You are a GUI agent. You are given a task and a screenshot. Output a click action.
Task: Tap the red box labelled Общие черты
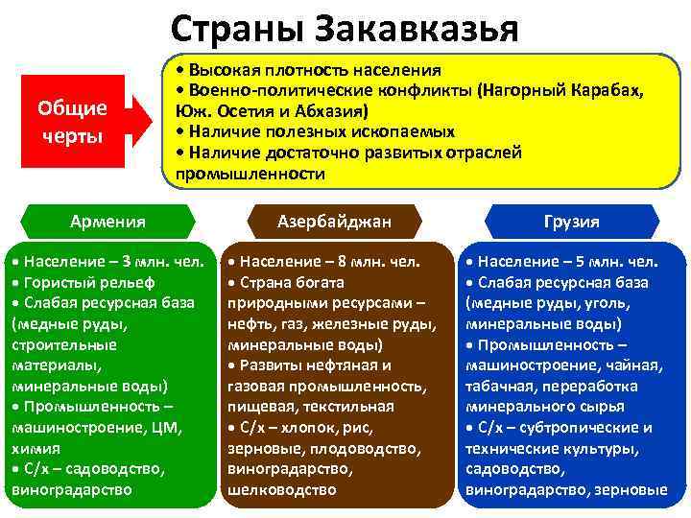(x=72, y=121)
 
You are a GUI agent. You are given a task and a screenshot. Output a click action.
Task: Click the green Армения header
(x=107, y=222)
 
